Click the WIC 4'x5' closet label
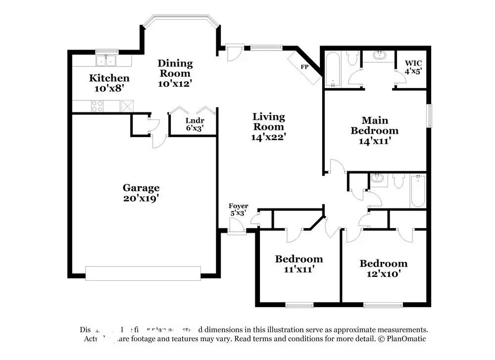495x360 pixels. tap(414, 67)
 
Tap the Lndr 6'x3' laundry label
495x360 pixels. tap(195, 124)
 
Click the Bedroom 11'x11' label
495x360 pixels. tap(299, 264)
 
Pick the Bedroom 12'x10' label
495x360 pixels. tap(383, 268)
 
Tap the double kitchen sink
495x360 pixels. tap(106, 60)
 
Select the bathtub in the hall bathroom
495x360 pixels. tap(417, 192)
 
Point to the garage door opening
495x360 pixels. tap(143, 273)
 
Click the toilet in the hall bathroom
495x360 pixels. tap(398, 182)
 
